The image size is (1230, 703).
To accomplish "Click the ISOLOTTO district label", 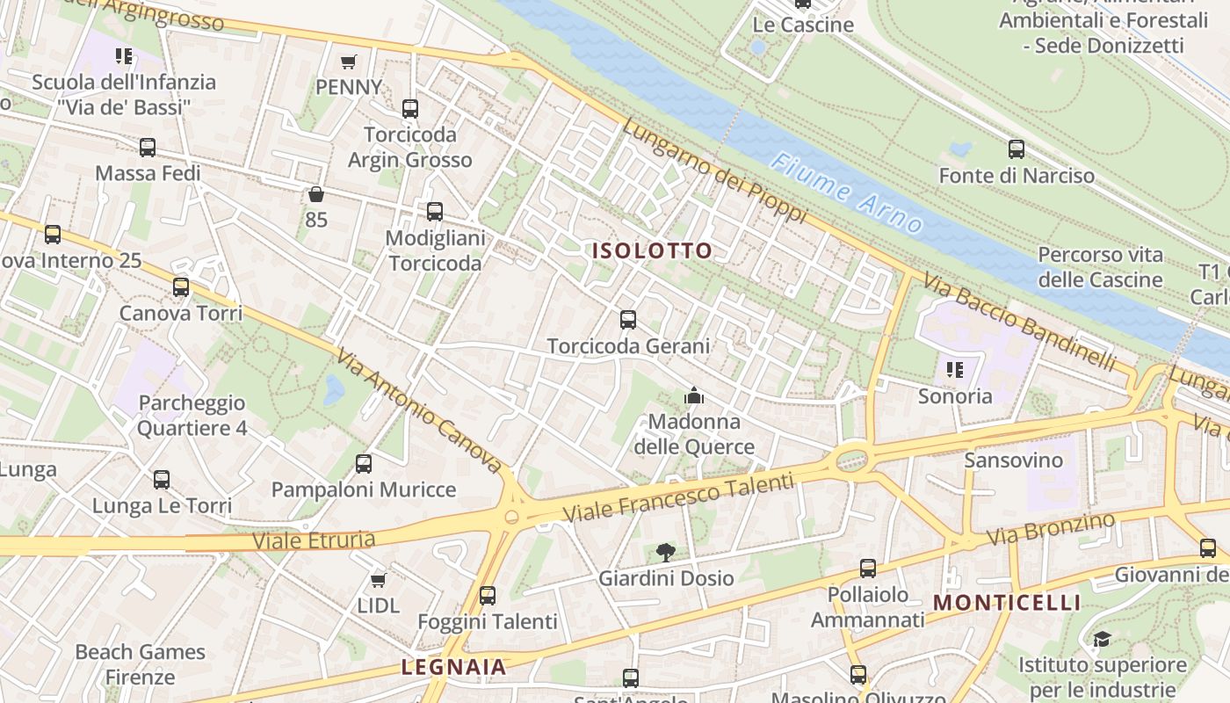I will pyautogui.click(x=652, y=251).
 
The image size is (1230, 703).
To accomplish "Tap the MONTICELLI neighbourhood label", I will pyautogui.click(x=1007, y=603).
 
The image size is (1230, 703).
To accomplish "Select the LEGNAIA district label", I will pyautogui.click(x=454, y=667).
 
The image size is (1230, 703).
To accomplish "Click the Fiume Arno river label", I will pyautogui.click(x=848, y=193).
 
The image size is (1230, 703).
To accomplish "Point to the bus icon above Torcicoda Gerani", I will pyautogui.click(x=628, y=320).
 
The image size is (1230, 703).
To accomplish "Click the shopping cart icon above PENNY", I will pyautogui.click(x=349, y=62).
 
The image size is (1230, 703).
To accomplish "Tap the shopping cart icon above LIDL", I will pyautogui.click(x=379, y=580).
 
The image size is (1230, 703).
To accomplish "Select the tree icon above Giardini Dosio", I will pyautogui.click(x=666, y=553).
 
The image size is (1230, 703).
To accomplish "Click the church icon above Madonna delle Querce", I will pyautogui.click(x=694, y=396).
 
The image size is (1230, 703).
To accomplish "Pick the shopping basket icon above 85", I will pyautogui.click(x=316, y=194).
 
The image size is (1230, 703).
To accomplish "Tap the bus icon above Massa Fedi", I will pyautogui.click(x=148, y=148).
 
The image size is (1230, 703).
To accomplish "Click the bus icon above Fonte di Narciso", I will pyautogui.click(x=1017, y=149).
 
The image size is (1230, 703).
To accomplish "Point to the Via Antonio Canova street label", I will pyautogui.click(x=418, y=409).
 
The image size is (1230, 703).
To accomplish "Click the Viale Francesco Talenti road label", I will pyautogui.click(x=677, y=497).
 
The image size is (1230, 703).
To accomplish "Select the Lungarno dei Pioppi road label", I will pyautogui.click(x=713, y=170).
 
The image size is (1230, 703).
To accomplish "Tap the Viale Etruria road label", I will pyautogui.click(x=314, y=540).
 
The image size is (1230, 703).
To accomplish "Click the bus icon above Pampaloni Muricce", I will pyautogui.click(x=364, y=464).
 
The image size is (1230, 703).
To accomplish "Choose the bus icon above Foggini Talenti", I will pyautogui.click(x=488, y=596).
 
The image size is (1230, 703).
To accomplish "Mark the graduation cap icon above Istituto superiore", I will pyautogui.click(x=1102, y=639).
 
